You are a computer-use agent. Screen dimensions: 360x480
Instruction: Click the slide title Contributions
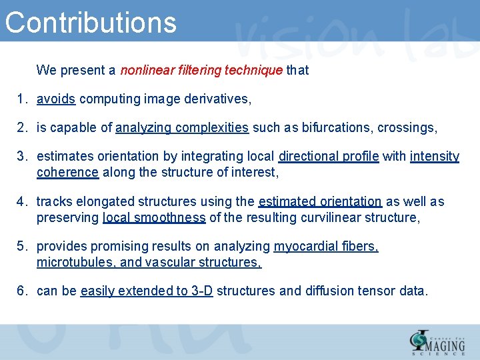tap(91, 21)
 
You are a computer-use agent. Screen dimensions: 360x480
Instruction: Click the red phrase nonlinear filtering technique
tap(201, 70)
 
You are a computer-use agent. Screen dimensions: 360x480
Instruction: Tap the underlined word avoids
tap(55, 99)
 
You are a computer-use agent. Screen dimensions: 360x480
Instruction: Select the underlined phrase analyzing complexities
tap(182, 128)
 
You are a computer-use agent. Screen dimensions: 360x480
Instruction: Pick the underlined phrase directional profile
tap(329, 157)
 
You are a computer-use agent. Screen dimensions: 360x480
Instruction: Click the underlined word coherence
tap(67, 173)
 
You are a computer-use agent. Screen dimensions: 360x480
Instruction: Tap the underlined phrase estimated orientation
tap(320, 202)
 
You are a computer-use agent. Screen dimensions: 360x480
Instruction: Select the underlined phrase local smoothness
tap(154, 218)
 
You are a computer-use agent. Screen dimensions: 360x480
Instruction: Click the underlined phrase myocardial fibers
tap(326, 247)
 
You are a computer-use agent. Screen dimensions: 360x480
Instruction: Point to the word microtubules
tap(75, 263)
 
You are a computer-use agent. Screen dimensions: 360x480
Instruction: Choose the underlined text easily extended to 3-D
tap(146, 291)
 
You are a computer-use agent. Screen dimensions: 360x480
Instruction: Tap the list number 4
tap(21, 202)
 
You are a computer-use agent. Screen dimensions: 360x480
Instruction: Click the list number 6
tap(21, 291)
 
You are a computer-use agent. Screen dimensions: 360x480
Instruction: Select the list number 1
tap(21, 99)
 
